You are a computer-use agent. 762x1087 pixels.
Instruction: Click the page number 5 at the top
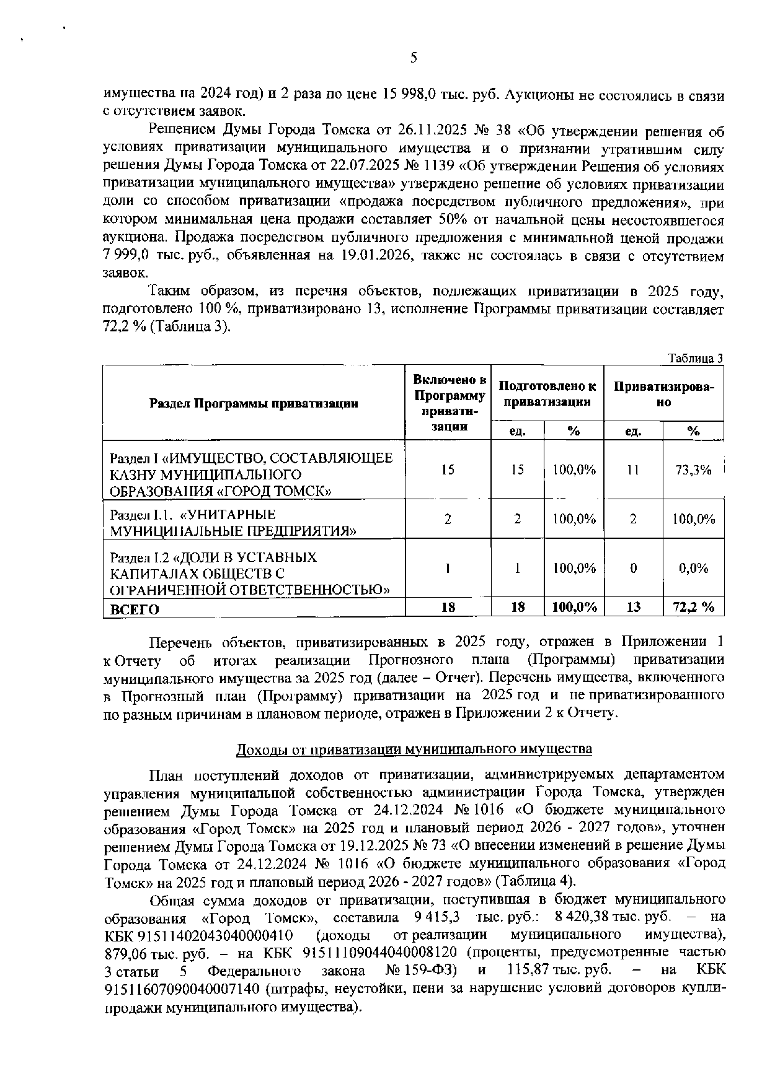tap(414, 58)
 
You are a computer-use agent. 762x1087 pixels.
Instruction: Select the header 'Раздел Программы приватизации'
tap(254, 404)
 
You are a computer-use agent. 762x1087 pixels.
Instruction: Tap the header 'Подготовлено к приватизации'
tap(547, 394)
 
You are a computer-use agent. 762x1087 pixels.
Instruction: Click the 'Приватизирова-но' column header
tap(663, 394)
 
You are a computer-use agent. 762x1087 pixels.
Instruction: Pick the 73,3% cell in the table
tap(693, 470)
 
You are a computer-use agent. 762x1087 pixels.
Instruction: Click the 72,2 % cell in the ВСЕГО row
tap(693, 608)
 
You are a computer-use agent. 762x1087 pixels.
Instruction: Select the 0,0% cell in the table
tap(693, 568)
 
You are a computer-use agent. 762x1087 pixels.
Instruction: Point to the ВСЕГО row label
tap(135, 609)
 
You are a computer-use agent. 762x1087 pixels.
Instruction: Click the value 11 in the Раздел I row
tap(632, 470)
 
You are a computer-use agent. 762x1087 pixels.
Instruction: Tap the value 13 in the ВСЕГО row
tap(632, 608)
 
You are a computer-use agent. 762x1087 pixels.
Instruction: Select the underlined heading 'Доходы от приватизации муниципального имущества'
tap(414, 749)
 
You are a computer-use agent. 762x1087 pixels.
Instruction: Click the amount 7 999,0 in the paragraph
tap(126, 256)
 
